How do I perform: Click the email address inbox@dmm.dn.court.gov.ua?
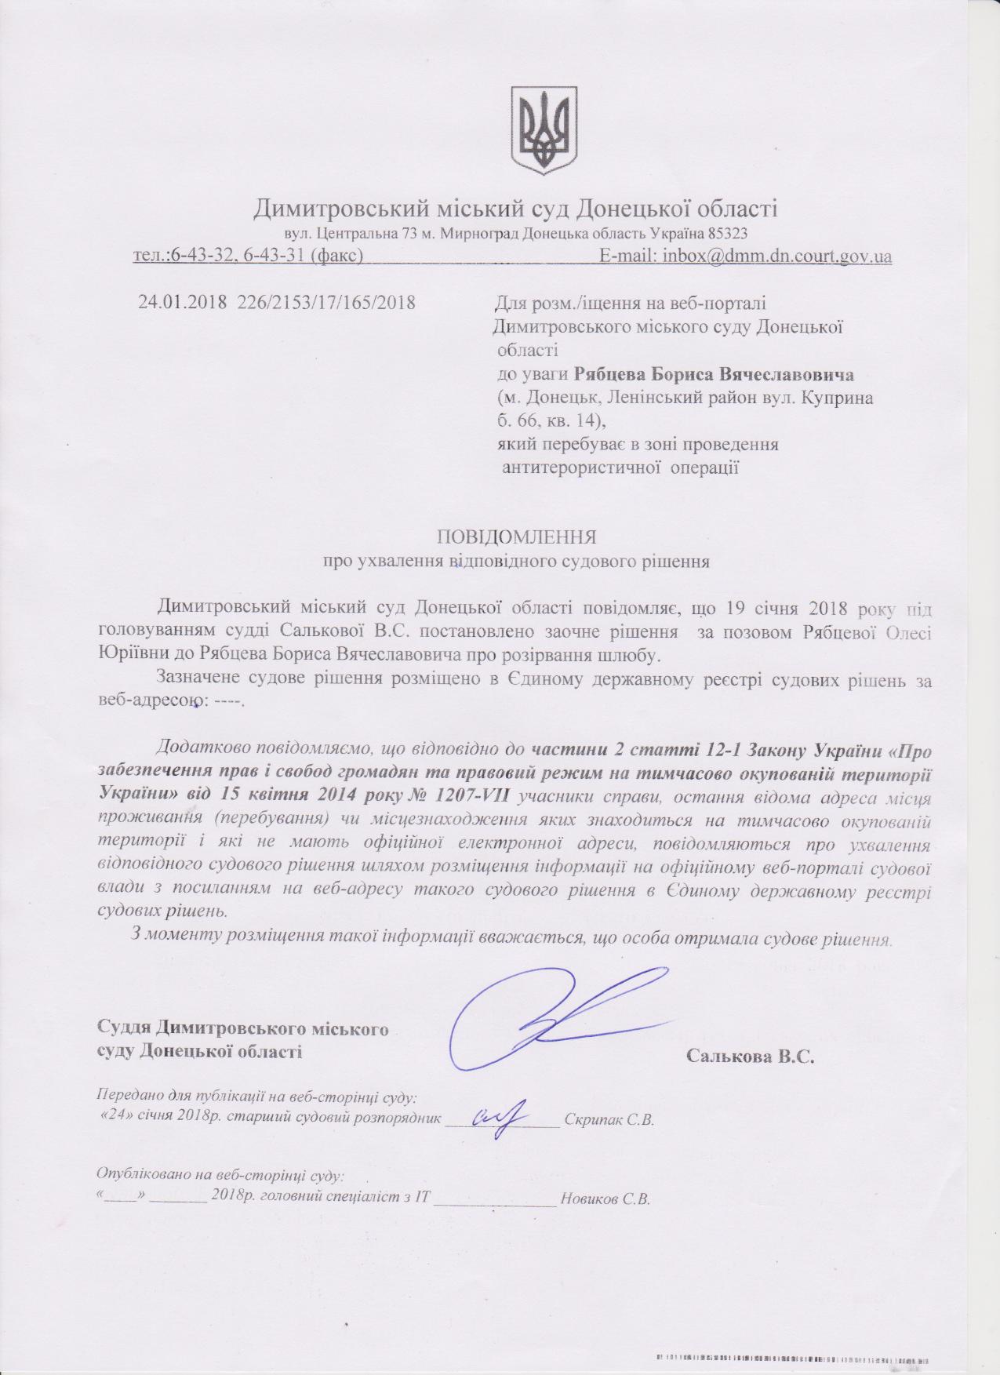(777, 256)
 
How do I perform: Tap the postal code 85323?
(727, 233)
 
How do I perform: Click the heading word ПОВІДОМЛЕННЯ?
(517, 537)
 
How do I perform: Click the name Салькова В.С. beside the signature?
(751, 1056)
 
